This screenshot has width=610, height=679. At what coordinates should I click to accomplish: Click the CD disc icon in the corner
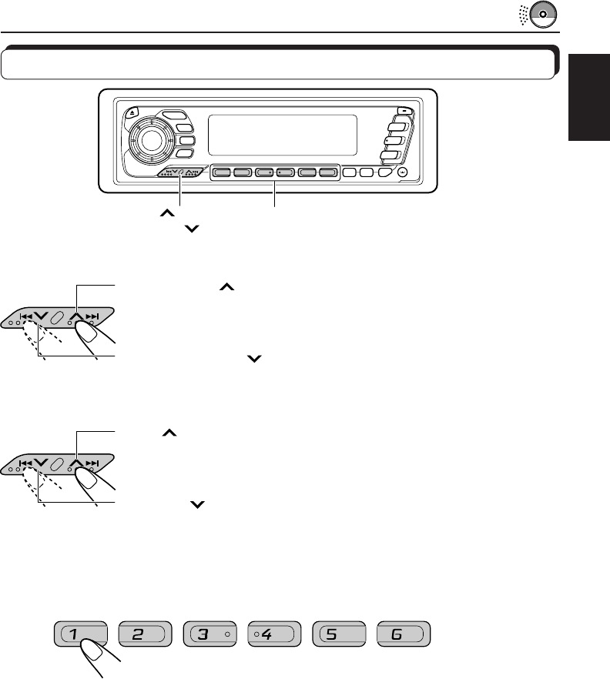546,16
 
